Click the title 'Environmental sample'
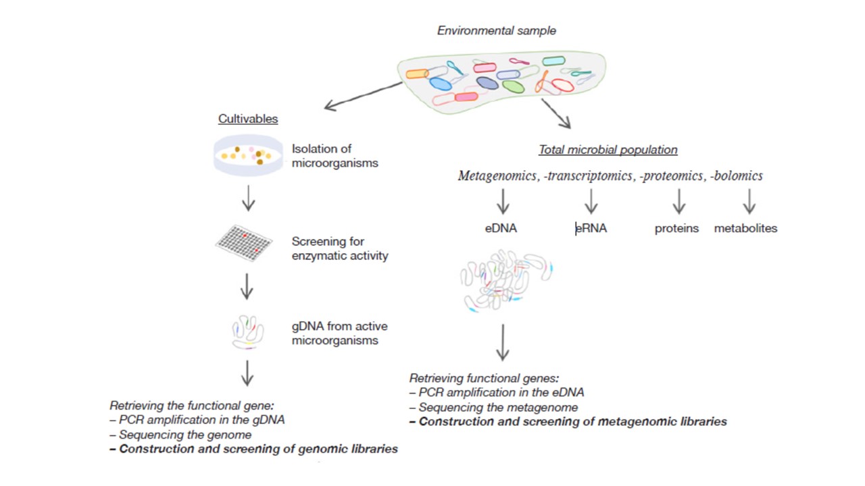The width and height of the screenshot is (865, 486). click(496, 30)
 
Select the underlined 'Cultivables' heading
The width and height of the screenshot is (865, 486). click(248, 119)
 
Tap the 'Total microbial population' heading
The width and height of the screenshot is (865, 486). click(608, 150)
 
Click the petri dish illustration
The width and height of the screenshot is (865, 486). click(248, 155)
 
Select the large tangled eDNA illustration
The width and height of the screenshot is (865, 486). click(505, 280)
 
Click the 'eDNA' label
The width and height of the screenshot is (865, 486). click(501, 228)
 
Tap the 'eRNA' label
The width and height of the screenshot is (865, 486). click(591, 228)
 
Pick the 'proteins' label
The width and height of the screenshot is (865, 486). click(676, 228)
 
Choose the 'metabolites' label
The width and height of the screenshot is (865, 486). click(745, 228)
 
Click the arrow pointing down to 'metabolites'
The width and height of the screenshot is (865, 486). click(749, 201)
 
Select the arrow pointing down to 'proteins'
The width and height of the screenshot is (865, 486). click(678, 201)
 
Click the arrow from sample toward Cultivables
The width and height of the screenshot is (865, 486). click(364, 95)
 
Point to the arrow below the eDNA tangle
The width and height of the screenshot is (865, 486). click(502, 342)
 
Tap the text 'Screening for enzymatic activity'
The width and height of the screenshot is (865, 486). click(340, 248)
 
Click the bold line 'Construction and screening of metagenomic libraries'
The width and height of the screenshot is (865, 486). click(568, 422)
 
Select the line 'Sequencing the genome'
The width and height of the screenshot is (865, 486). click(174, 435)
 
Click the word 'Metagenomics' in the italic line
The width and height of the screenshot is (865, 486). click(498, 176)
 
